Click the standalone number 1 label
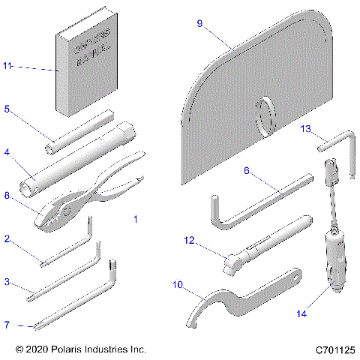click(135, 219)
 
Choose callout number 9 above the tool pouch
click(199, 24)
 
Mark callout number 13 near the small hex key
click(306, 129)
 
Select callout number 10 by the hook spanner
click(178, 284)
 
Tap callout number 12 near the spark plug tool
click(190, 240)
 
